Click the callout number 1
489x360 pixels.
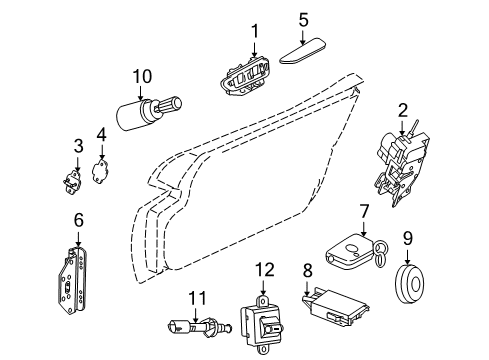coord(254,33)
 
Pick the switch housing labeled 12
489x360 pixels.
coord(263,321)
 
